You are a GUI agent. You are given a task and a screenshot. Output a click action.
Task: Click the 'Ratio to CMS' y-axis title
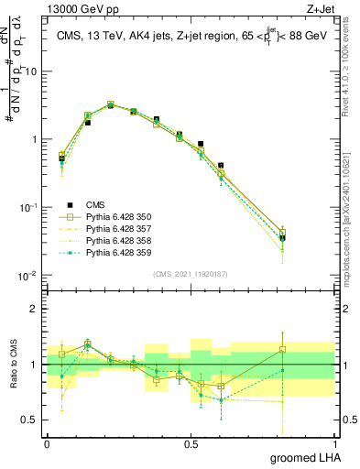pos(12,365)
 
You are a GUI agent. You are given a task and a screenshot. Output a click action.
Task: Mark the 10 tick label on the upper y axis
pos(28,71)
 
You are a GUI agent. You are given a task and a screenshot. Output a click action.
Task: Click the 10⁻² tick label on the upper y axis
pos(27,276)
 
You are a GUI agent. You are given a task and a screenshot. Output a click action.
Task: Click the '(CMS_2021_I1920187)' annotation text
pos(191,274)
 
